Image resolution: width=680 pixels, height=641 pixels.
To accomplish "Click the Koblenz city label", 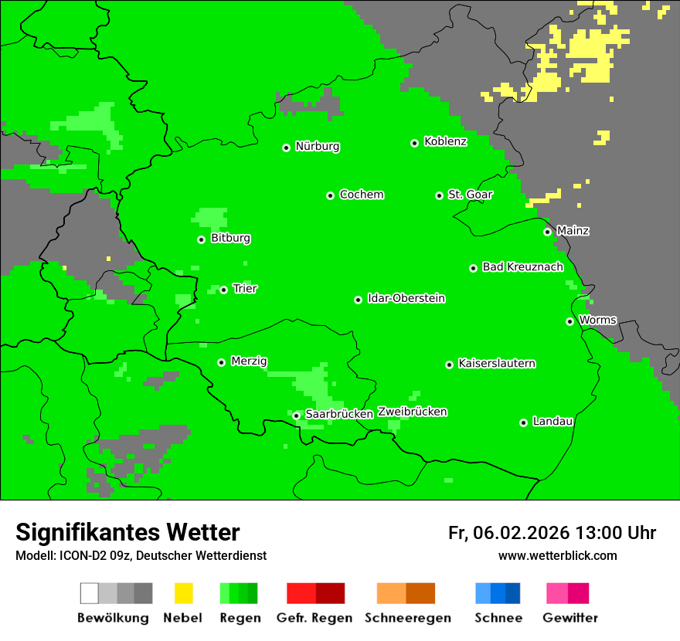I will coord(445,141).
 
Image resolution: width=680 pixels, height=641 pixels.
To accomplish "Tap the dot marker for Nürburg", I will coord(286,148).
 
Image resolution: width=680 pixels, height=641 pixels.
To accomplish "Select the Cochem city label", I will coord(361,195).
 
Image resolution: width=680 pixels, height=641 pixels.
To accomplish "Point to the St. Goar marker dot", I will coord(439,195).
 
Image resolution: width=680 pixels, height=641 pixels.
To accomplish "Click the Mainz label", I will coord(573,230).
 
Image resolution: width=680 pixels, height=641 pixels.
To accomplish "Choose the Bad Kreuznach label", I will coord(522,266).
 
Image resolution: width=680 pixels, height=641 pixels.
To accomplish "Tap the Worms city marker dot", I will coord(569,321).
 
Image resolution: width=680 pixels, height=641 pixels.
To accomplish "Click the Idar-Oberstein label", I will coord(406,298).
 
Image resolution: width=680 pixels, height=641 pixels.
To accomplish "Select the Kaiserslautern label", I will coord(496,363).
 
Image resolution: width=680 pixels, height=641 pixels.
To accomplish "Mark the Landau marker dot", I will coord(523,422).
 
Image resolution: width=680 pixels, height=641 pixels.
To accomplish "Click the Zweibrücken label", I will coord(412,412).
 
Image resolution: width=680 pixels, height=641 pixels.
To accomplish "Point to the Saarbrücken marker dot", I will coord(296,415).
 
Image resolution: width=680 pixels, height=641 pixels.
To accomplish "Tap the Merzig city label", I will coord(249,361).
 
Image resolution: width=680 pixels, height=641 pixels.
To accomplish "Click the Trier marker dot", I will coord(223,290).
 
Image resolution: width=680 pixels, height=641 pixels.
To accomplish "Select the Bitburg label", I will coord(230,238).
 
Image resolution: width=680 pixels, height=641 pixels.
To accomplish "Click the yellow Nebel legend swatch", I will coord(183,593).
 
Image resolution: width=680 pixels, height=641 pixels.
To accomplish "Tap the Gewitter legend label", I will coord(569,618).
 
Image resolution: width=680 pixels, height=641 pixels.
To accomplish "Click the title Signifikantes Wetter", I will coord(127,532).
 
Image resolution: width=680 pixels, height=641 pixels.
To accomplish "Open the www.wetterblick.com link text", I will coord(557,555).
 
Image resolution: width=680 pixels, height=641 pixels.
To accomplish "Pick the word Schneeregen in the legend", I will coord(407,618).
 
